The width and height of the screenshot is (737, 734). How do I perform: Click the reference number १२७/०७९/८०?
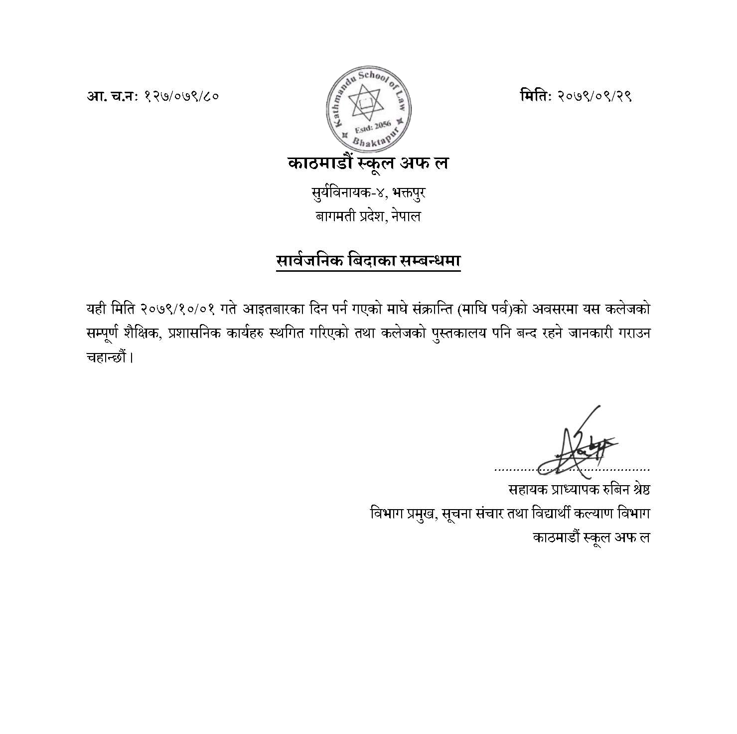pos(181,96)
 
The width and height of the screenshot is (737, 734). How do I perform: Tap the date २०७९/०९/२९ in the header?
pos(595,96)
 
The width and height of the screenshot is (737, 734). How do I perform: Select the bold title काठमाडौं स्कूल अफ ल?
pos(368,163)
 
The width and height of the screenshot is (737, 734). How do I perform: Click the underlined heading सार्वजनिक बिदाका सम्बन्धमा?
pos(368,261)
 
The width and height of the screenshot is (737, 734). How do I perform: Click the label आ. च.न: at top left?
pos(113,96)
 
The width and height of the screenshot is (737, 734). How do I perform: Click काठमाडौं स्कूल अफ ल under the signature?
pos(591,538)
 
